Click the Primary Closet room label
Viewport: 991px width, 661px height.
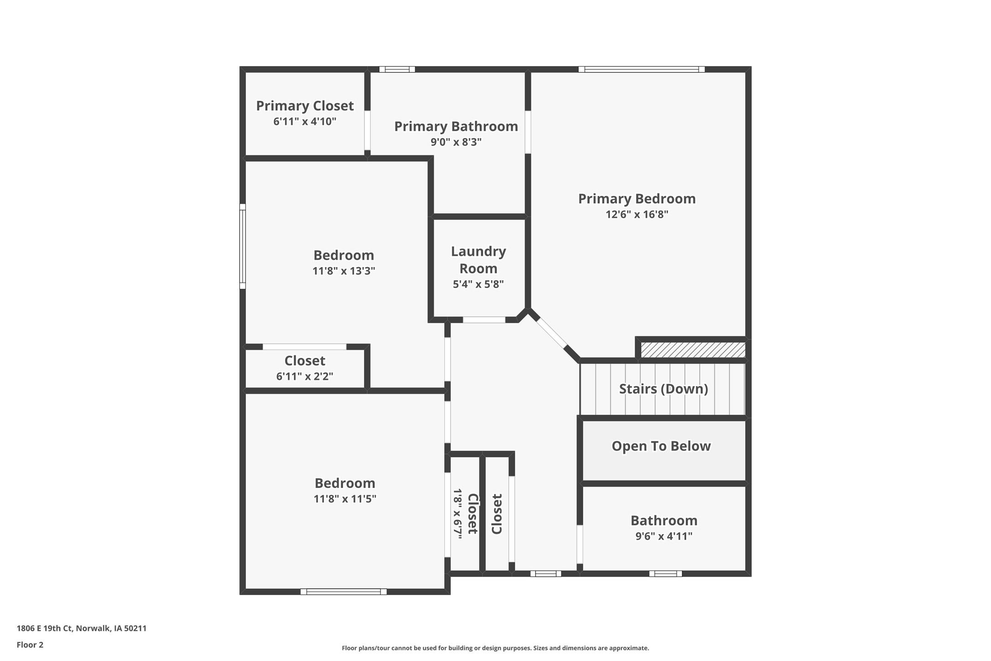tap(304, 106)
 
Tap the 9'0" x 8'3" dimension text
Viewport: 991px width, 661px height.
tap(456, 142)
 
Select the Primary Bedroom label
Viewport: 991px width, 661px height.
tap(636, 199)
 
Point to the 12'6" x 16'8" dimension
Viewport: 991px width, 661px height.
tap(636, 214)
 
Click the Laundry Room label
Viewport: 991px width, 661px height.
tap(478, 260)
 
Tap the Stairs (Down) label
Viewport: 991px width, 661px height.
tap(663, 389)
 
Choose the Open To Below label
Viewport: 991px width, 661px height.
tap(661, 446)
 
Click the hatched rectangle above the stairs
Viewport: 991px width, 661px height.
tap(693, 350)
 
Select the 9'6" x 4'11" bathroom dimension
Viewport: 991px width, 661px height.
tap(663, 536)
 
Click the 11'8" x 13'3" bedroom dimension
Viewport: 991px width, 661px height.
tap(344, 271)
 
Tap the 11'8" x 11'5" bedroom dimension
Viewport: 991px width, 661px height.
tap(344, 498)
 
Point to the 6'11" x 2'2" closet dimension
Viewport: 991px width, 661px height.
tap(304, 376)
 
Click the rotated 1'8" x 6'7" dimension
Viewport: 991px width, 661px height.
tap(458, 514)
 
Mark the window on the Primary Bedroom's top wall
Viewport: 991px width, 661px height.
tap(641, 69)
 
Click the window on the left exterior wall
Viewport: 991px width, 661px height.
tap(243, 247)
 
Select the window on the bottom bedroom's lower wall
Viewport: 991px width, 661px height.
tap(343, 592)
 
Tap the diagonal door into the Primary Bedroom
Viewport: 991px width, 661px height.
tap(552, 333)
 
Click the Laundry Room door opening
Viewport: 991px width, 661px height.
tap(484, 320)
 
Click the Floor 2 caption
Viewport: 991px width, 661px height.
tap(30, 645)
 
